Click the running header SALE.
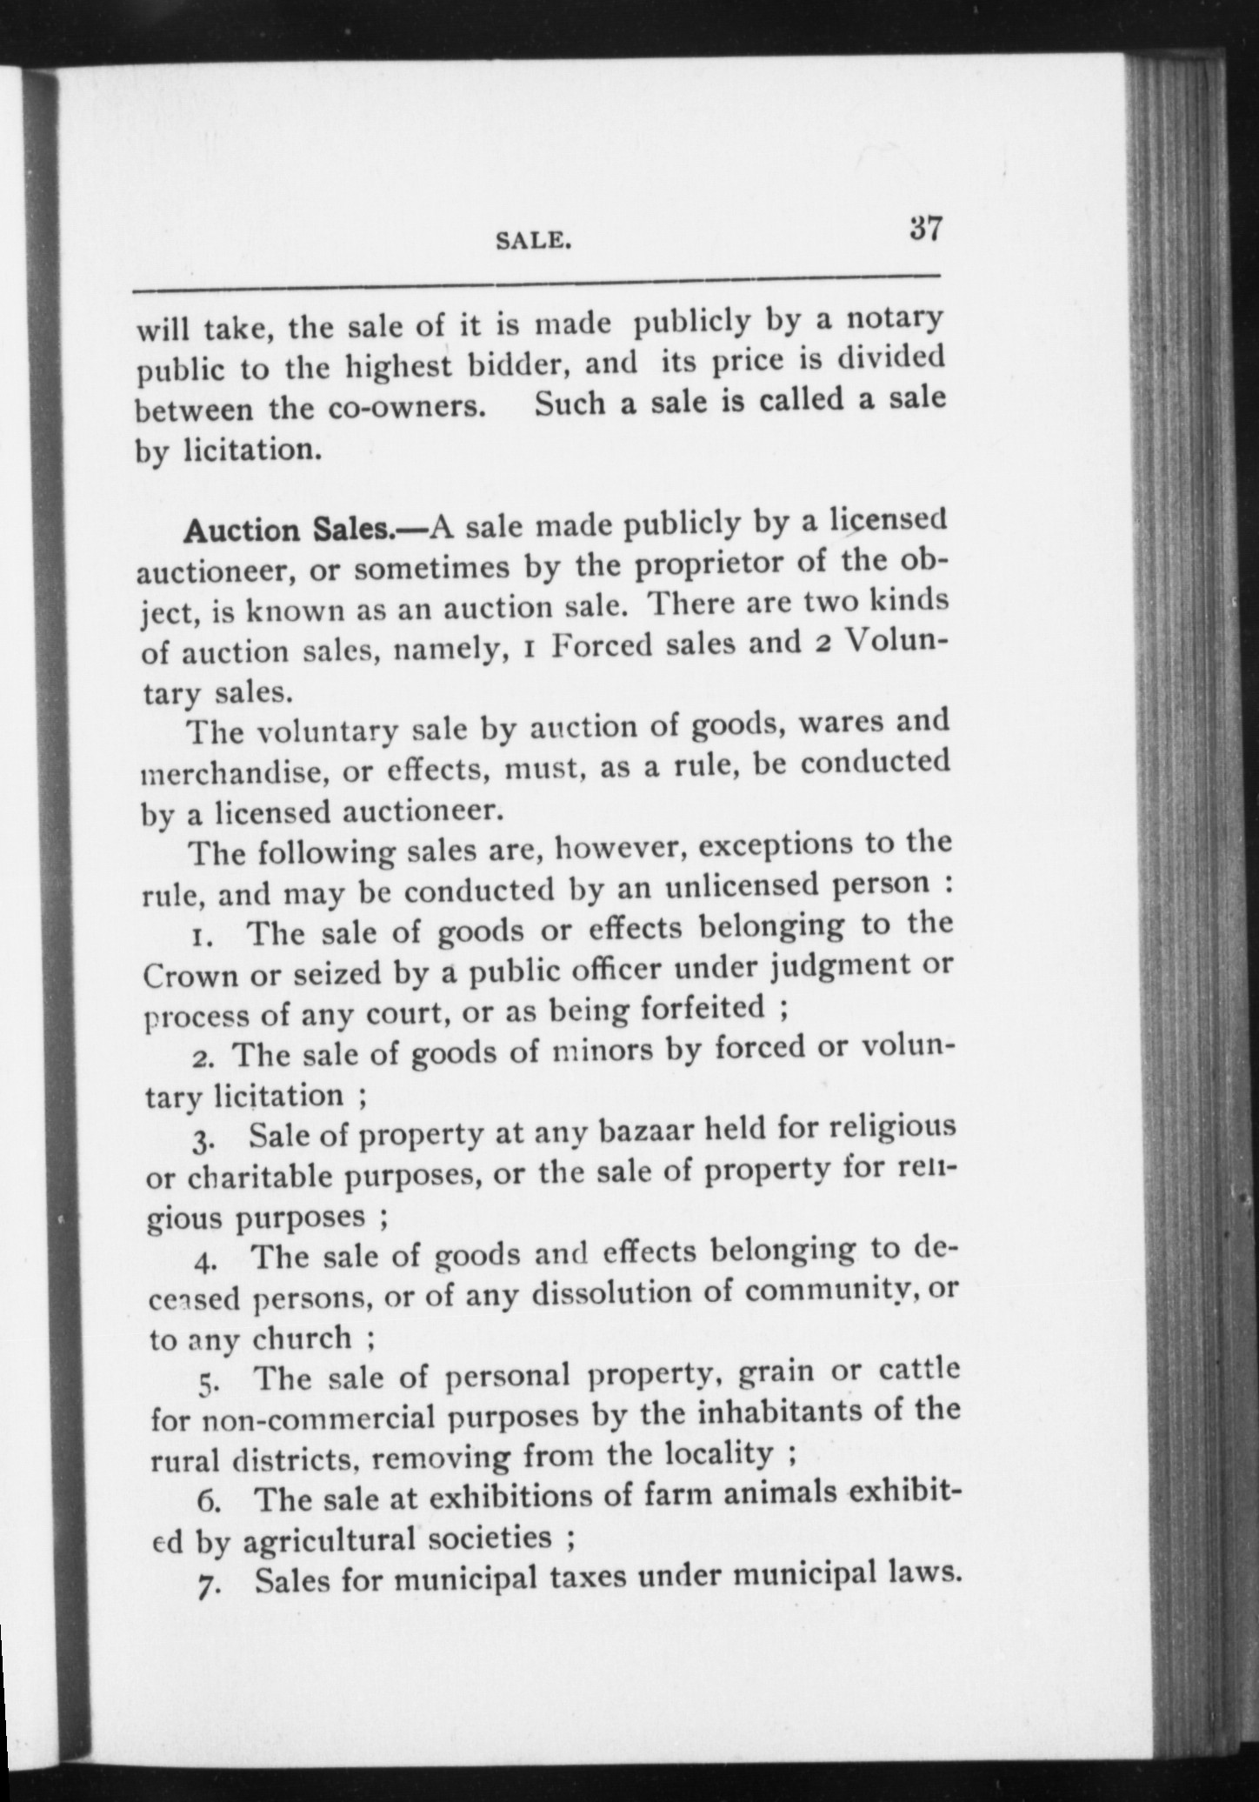533,240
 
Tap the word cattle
919,1372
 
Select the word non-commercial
316,1418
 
